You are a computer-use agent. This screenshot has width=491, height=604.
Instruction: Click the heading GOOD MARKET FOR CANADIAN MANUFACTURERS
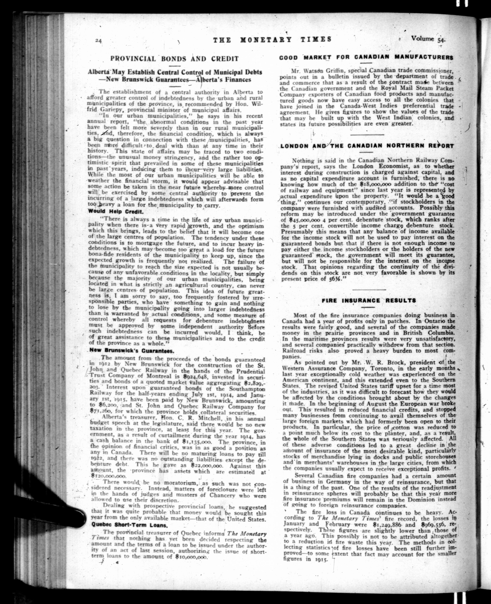366,57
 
